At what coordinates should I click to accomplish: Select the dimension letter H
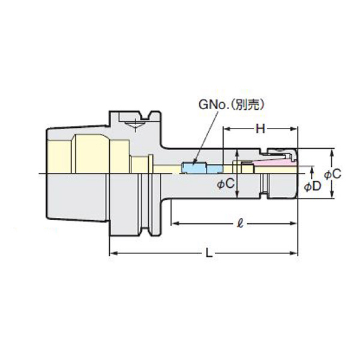click(260, 128)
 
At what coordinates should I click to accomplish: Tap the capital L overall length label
click(208, 253)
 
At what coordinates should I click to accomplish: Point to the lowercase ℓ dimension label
click(239, 224)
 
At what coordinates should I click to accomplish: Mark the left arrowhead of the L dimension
click(112, 253)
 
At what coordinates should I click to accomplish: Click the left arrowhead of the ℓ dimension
click(176, 224)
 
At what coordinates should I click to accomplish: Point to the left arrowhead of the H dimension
click(227, 128)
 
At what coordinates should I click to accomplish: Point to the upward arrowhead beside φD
click(310, 171)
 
